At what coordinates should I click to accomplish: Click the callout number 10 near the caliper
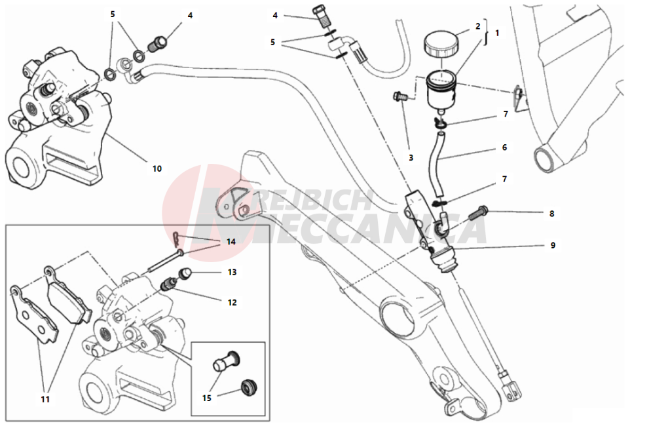click(157, 168)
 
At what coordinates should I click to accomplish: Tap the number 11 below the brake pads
click(45, 398)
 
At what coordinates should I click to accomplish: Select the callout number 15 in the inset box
click(207, 398)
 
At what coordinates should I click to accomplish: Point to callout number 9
click(552, 246)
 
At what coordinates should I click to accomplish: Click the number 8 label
click(552, 213)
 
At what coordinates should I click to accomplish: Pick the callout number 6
click(504, 148)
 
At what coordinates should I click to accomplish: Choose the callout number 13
click(232, 271)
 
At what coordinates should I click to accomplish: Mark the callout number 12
click(232, 302)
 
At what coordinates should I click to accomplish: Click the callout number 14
click(231, 242)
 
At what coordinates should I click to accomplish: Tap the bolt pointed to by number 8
click(479, 212)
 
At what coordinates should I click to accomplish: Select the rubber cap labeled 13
click(185, 273)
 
